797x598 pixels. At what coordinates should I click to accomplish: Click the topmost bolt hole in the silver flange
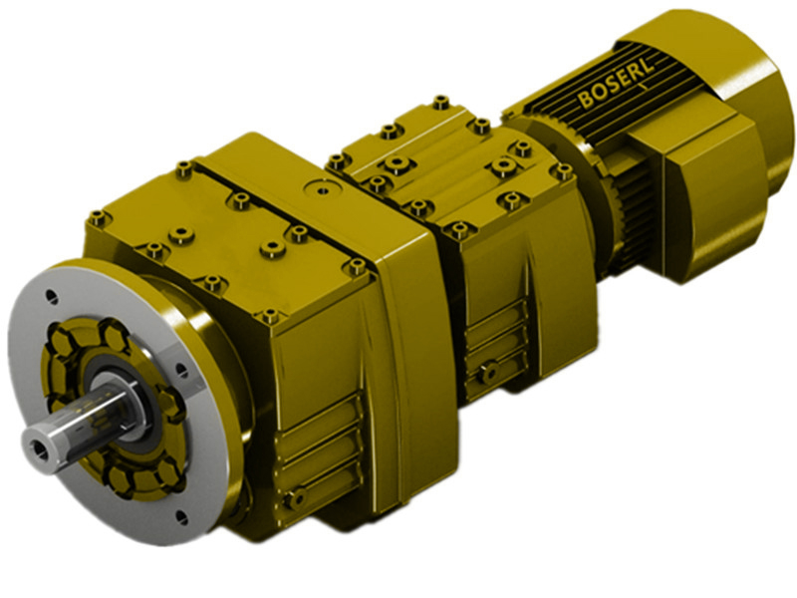pos(53,295)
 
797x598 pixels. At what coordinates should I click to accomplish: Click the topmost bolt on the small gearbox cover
pos(440,102)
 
